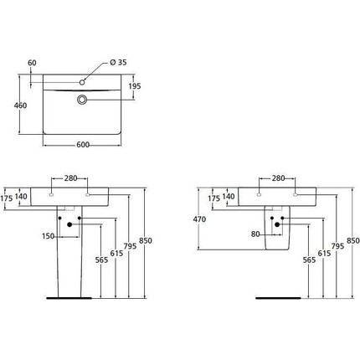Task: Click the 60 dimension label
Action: [32, 63]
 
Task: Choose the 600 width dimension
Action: [83, 145]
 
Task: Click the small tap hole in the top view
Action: [84, 82]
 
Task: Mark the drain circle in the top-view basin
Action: [84, 100]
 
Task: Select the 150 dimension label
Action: [49, 236]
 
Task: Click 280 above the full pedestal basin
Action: [69, 178]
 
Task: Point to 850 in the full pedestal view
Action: [146, 241]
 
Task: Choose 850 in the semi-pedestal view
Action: [352, 241]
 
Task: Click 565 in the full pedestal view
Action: [101, 260]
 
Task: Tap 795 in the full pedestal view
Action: [130, 246]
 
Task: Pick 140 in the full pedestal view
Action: [21, 197]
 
